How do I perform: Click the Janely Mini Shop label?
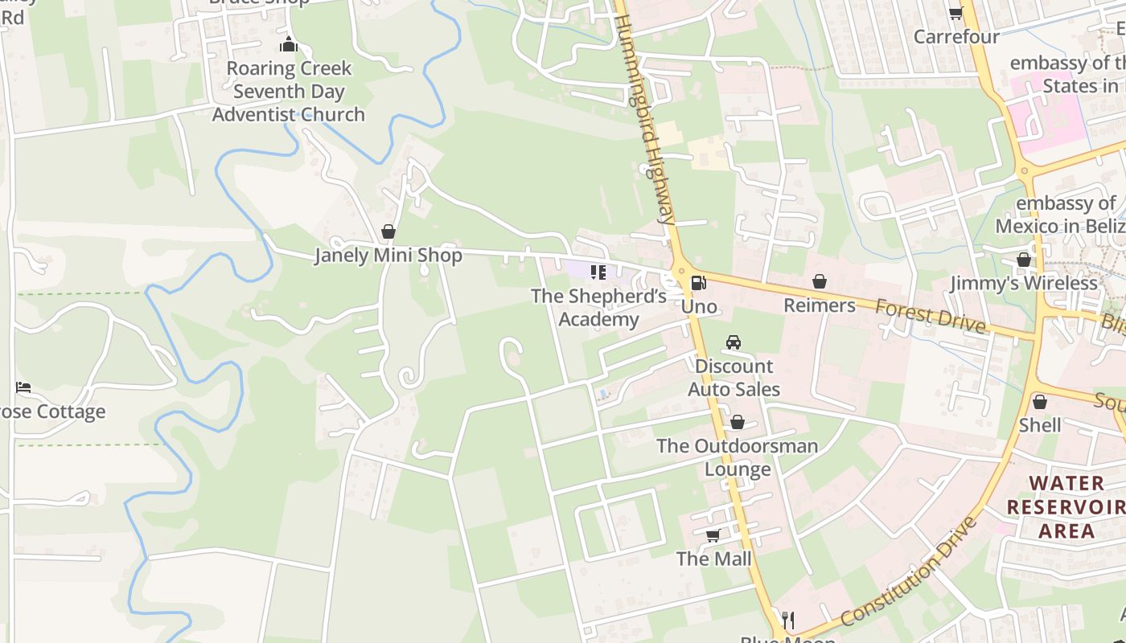[x=388, y=256]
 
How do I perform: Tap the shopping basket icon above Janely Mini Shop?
[x=388, y=232]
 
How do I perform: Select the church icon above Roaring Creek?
[x=288, y=45]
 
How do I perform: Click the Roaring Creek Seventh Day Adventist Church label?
[x=288, y=92]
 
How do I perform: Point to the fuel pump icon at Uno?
[x=698, y=283]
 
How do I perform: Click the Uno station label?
[x=699, y=306]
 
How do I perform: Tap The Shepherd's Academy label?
[x=598, y=308]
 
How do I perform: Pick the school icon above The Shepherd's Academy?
[x=598, y=272]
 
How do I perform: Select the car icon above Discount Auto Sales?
[x=734, y=342]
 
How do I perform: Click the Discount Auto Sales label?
[x=734, y=378]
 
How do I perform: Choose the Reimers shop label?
[x=820, y=305]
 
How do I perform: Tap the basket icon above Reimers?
[x=820, y=282]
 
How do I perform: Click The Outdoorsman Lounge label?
[x=738, y=457]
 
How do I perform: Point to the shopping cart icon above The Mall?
[x=713, y=535]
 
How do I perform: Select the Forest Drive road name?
[x=931, y=315]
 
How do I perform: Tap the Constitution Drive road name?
[x=909, y=571]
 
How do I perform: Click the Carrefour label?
[x=956, y=37]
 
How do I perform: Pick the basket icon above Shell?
[x=1040, y=402]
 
